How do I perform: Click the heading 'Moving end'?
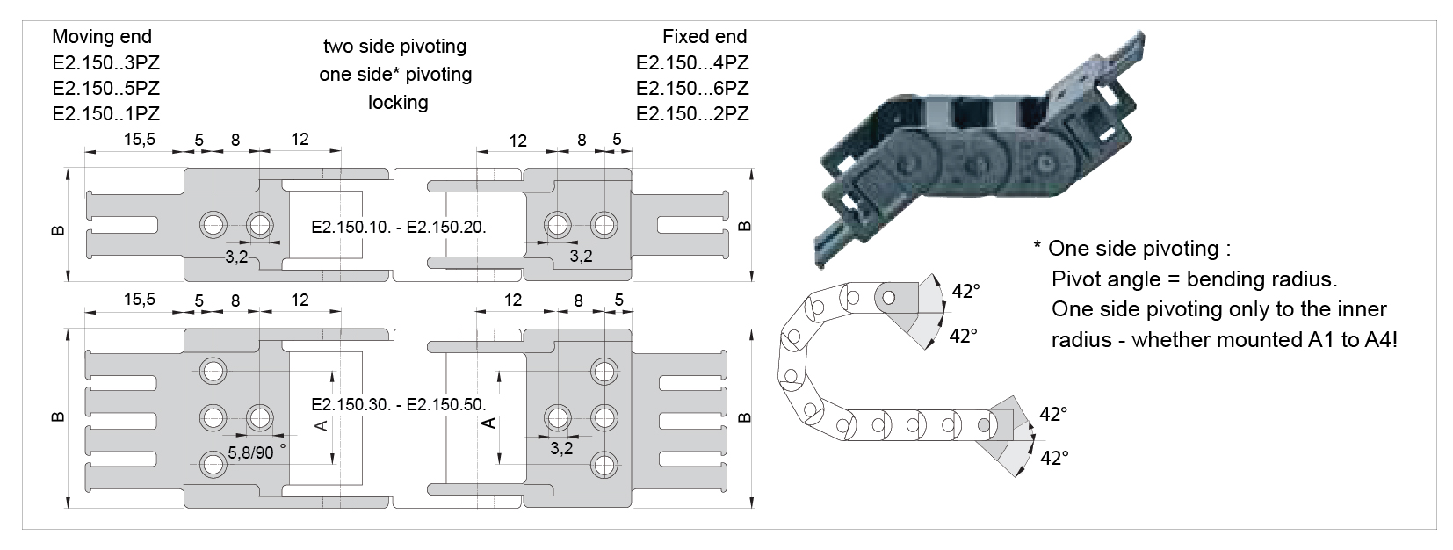(x=102, y=37)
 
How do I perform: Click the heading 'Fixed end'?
(x=705, y=37)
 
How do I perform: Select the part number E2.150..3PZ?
(x=106, y=63)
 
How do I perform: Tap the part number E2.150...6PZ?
(x=692, y=89)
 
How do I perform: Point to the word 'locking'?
(x=398, y=103)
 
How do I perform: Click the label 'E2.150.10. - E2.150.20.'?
(x=399, y=227)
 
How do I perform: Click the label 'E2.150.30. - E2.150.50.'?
(x=399, y=405)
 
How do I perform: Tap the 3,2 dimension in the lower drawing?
(x=561, y=448)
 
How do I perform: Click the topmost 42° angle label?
(x=965, y=292)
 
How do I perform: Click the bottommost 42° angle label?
(x=1053, y=458)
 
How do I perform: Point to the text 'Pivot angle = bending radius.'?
(x=1194, y=280)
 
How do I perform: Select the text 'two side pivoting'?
(x=394, y=46)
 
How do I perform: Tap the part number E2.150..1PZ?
(x=106, y=114)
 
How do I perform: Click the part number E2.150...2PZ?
(x=692, y=114)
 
